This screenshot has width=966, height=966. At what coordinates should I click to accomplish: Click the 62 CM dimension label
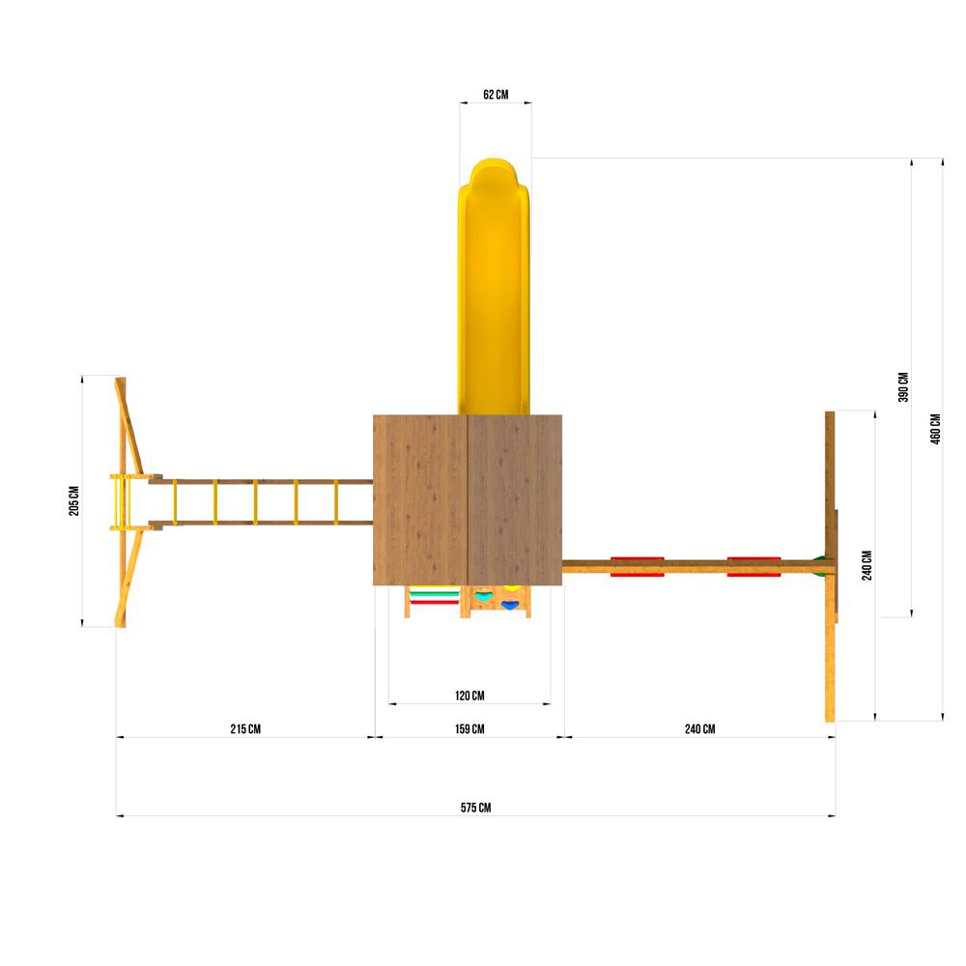coord(496,95)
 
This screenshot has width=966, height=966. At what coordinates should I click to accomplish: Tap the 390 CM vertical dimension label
coord(904,387)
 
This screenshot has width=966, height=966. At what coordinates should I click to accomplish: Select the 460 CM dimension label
coord(936,429)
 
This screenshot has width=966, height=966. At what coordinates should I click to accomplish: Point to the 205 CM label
coord(74,500)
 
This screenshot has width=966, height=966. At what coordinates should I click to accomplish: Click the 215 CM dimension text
coord(245,728)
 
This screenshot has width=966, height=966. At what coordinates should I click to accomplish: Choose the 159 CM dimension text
coord(469,728)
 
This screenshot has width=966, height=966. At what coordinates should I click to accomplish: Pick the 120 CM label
coord(469,696)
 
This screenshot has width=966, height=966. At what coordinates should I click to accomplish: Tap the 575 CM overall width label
coord(475,808)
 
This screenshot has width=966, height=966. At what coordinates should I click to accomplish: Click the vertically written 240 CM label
coord(867,565)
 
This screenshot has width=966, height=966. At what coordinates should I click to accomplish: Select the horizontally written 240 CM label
coord(699,728)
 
